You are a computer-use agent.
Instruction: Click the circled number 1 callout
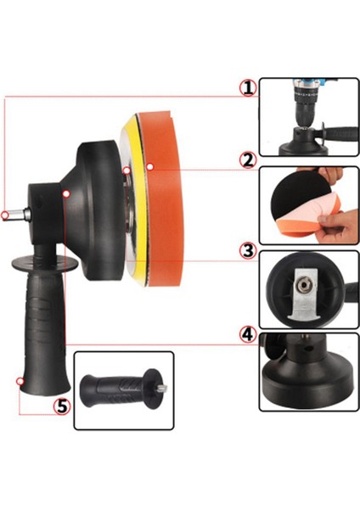(247, 87)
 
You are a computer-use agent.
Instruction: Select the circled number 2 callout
(247, 159)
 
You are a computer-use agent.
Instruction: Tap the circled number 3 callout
(247, 250)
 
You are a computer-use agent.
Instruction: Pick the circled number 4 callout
(247, 334)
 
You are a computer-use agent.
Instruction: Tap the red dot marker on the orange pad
(148, 168)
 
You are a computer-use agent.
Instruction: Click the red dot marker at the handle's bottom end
(19, 381)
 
